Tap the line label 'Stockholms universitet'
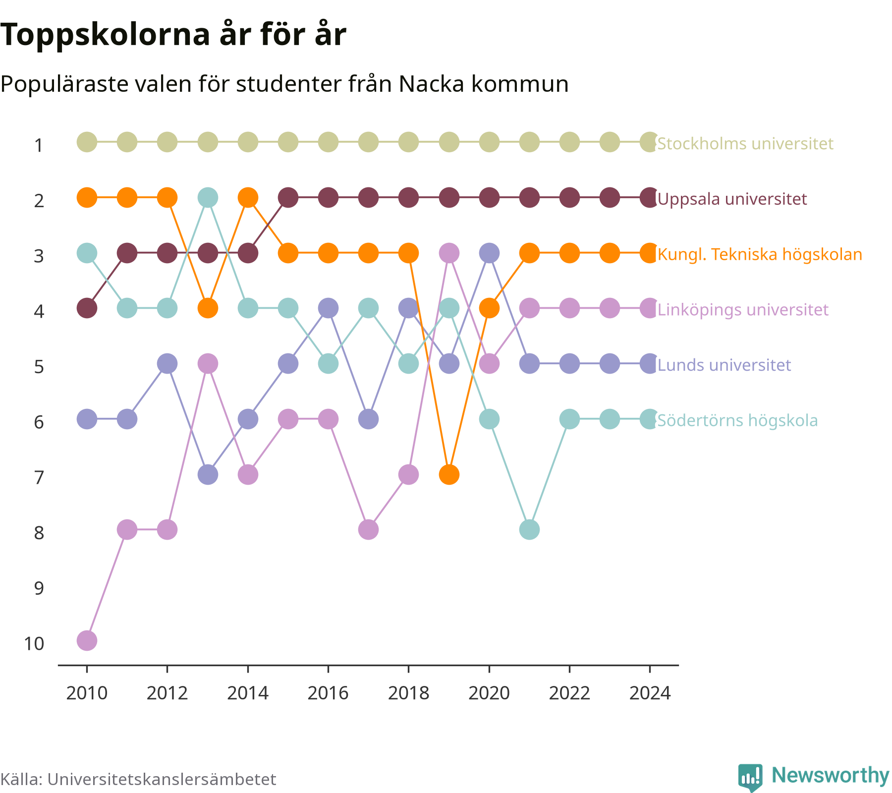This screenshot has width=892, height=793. pyautogui.click(x=745, y=144)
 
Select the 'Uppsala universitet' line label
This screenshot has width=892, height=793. pyautogui.click(x=732, y=199)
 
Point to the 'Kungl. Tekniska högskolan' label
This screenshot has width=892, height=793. pyautogui.click(x=760, y=254)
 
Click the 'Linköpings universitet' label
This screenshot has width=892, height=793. pyautogui.click(x=742, y=310)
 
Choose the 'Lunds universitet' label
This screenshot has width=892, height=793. pyautogui.click(x=724, y=365)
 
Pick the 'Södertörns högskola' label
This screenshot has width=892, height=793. pyautogui.click(x=737, y=421)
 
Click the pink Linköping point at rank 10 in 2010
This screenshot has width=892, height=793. pyautogui.click(x=87, y=640)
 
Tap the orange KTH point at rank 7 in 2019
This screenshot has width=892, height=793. pyautogui.click(x=449, y=474)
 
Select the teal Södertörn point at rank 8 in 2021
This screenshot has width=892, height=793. pyautogui.click(x=529, y=530)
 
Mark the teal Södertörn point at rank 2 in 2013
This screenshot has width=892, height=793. pyautogui.click(x=208, y=198)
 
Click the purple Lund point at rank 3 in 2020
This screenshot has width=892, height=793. pyautogui.click(x=489, y=253)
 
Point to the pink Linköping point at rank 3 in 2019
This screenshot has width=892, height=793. pyautogui.click(x=449, y=253)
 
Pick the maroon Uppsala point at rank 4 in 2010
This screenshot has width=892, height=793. pyautogui.click(x=87, y=308)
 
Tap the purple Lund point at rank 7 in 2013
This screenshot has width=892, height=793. pyautogui.click(x=208, y=474)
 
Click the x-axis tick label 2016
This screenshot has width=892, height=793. pyautogui.click(x=328, y=693)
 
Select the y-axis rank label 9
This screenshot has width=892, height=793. pyautogui.click(x=39, y=588)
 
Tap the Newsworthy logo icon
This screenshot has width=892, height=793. pyautogui.click(x=750, y=777)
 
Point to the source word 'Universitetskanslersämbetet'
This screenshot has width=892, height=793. pyautogui.click(x=162, y=779)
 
